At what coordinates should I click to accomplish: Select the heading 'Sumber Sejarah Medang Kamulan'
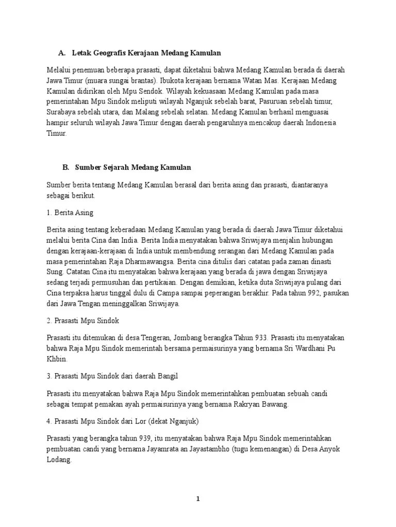pos(133,167)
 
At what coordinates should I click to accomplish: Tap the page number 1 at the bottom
pos(197,499)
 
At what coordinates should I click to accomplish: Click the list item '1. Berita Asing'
pos(70,212)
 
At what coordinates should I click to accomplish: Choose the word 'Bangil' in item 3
pos(168,376)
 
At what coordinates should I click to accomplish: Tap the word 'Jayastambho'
pos(202,449)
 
